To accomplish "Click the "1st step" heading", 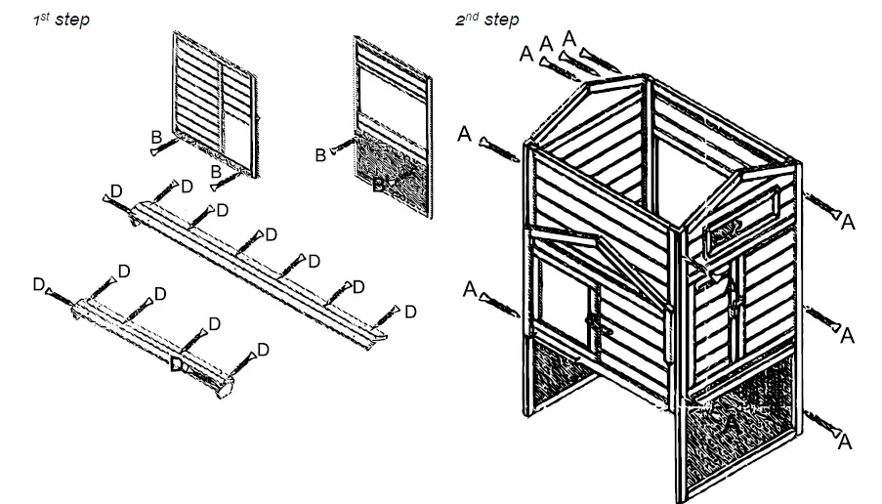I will click(61, 19).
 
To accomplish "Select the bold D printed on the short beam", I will click(178, 365).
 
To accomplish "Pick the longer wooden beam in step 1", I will click(259, 269).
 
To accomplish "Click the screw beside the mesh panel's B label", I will click(342, 148).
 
